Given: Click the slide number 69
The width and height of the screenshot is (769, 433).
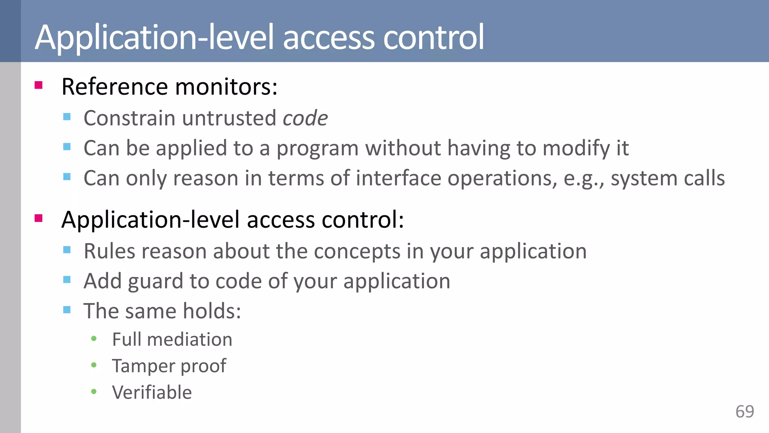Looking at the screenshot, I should (745, 412).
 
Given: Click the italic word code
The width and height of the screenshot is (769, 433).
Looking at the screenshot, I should (305, 118).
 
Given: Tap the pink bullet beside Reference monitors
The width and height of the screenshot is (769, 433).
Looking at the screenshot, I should (38, 85).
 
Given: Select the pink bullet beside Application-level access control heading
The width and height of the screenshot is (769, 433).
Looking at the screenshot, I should (38, 218).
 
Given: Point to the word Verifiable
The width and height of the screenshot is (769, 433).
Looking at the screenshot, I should (152, 392).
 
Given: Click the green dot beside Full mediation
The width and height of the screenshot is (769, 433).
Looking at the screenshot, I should (94, 339).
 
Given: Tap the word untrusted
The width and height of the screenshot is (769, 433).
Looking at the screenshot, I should (229, 118).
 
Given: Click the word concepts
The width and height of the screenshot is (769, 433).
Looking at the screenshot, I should (357, 251).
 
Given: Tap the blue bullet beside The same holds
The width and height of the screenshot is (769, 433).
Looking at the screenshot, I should (67, 310).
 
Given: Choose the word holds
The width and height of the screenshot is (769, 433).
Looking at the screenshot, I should (212, 311).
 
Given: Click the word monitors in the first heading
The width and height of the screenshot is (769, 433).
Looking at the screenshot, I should (226, 87).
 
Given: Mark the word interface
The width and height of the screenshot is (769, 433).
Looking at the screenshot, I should (398, 178).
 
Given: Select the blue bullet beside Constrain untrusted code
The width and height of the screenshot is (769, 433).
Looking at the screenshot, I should (67, 117).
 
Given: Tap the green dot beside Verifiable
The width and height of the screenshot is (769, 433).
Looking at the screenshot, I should (94, 392).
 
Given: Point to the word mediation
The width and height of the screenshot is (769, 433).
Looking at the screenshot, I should (190, 339).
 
